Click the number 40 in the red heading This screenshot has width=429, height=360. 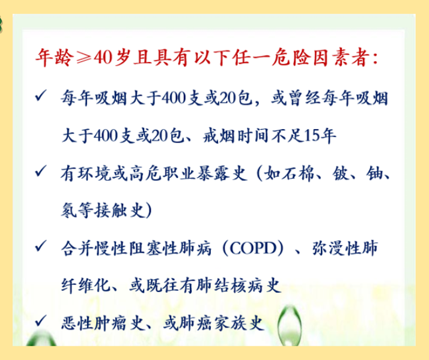(x=103, y=58)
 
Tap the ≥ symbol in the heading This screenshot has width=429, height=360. (x=84, y=58)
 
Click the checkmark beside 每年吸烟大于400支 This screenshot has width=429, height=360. (x=40, y=96)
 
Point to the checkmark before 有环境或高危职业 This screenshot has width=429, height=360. (x=40, y=171)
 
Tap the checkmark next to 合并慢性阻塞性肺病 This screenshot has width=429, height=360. (x=40, y=246)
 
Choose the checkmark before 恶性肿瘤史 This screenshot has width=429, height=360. (x=40, y=321)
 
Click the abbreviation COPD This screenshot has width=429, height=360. (x=253, y=249)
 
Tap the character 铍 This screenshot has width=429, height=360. (x=341, y=174)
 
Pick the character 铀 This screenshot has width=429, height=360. (x=374, y=174)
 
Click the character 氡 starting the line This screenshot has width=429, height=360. (x=69, y=210)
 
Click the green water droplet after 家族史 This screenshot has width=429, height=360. (x=290, y=325)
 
